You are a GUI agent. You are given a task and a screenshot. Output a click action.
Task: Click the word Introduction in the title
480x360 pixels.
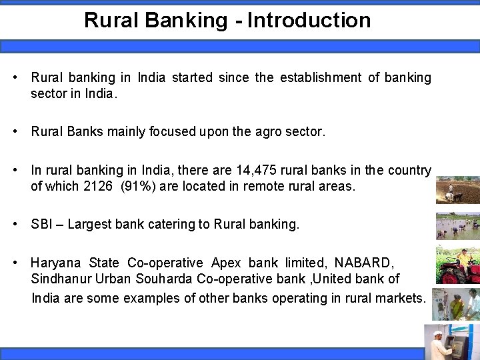(x=309, y=20)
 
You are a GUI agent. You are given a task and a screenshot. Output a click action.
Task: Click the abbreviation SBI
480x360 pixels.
(x=41, y=225)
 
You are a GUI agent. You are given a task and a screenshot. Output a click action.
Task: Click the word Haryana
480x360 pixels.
(x=57, y=263)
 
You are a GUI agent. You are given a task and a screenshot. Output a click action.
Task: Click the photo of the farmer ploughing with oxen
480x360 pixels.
(x=457, y=190)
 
